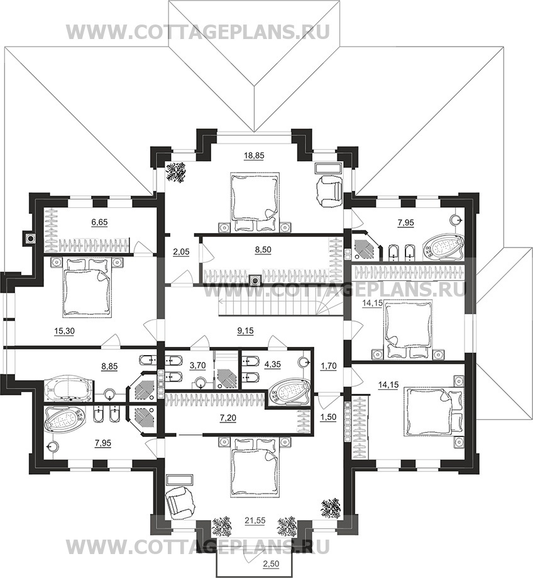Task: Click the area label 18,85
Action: click(254, 156)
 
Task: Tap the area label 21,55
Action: click(255, 520)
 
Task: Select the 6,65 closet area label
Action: click(99, 222)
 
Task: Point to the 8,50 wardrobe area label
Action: click(263, 249)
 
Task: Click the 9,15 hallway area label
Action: click(245, 331)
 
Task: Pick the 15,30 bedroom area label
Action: click(64, 331)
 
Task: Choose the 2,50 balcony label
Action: click(270, 563)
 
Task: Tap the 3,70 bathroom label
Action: click(197, 365)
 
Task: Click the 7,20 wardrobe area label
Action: click(228, 417)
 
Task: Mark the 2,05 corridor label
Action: click(181, 252)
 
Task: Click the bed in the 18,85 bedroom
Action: click(255, 201)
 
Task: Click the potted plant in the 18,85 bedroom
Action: click(176, 172)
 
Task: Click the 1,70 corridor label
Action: click(329, 367)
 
